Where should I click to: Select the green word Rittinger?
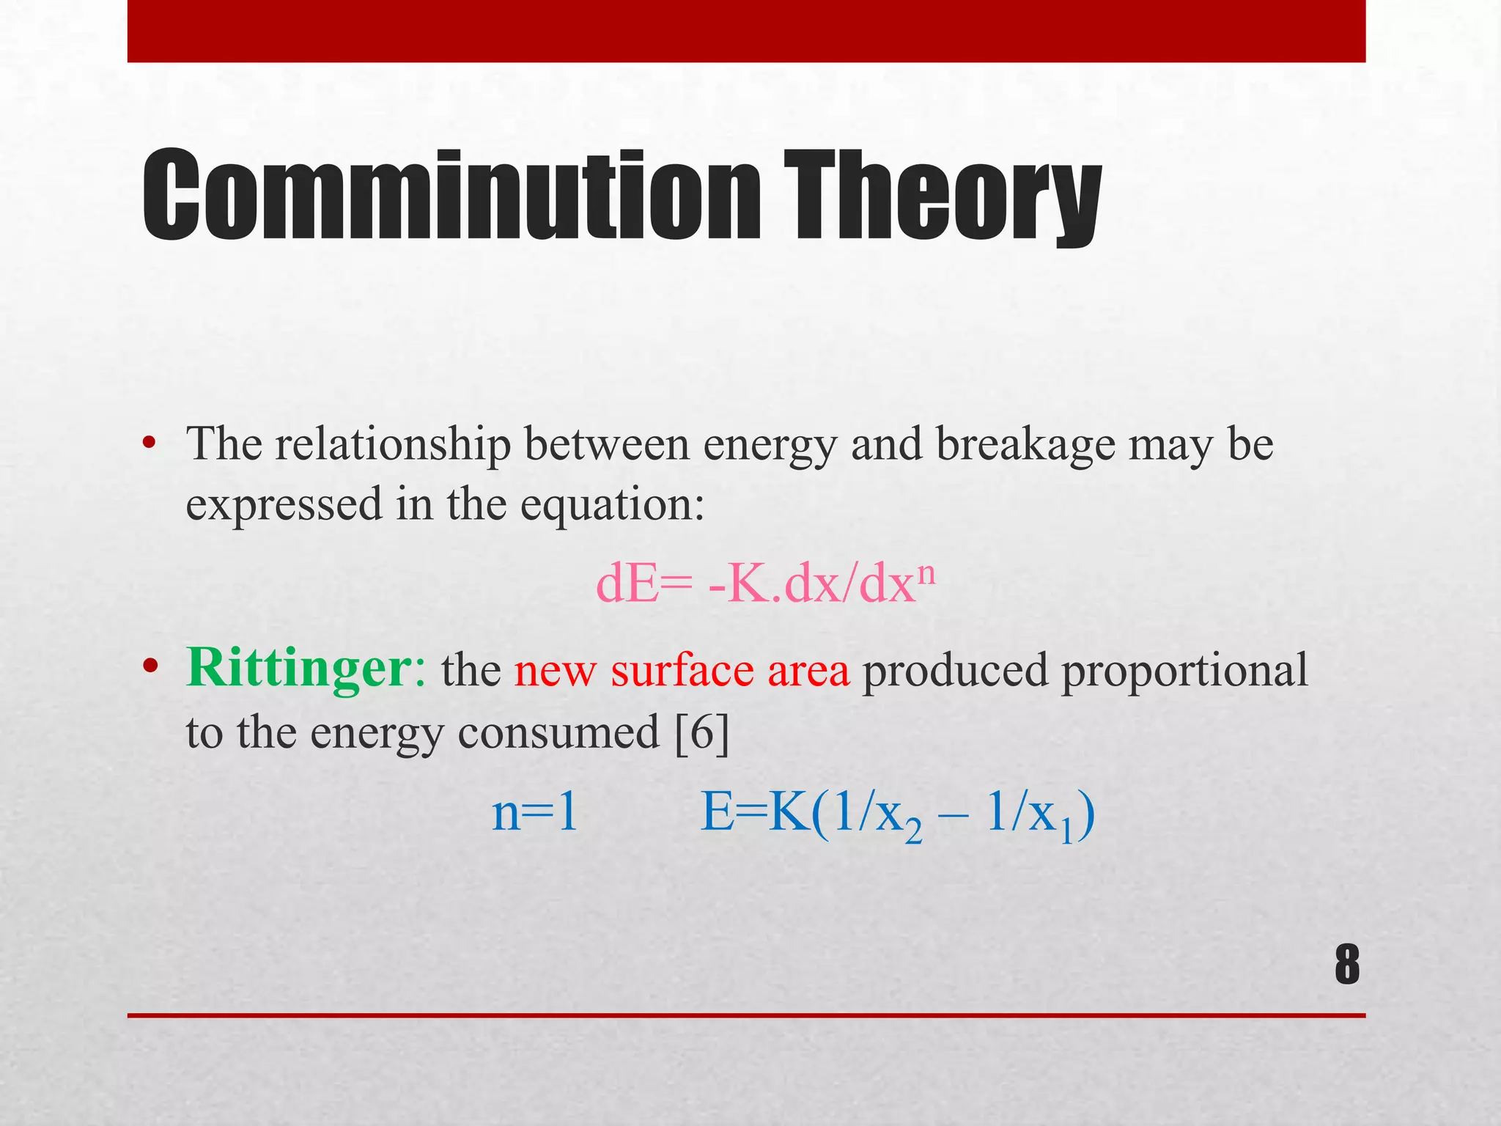pyautogui.click(x=299, y=669)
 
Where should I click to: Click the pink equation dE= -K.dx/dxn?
pyautogui.click(x=765, y=585)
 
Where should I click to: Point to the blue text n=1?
pyautogui.click(x=535, y=813)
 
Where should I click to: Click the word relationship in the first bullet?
pyautogui.click(x=393, y=444)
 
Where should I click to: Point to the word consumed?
pyautogui.click(x=558, y=732)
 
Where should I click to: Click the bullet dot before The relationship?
pyautogui.click(x=150, y=444)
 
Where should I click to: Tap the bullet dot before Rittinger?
pyautogui.click(x=150, y=666)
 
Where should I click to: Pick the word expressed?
pyautogui.click(x=284, y=505)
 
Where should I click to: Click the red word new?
pyautogui.click(x=555, y=671)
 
